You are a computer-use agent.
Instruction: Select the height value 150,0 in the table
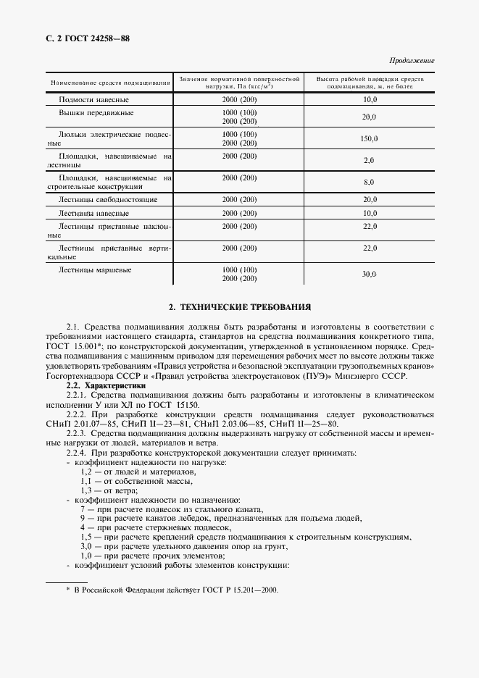pyautogui.click(x=370, y=139)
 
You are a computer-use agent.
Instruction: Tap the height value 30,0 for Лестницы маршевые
pyautogui.click(x=370, y=274)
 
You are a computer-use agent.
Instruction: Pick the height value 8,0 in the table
pyautogui.click(x=370, y=183)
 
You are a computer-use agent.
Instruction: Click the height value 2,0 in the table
pyautogui.click(x=370, y=161)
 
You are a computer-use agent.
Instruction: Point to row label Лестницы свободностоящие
pyautogui.click(x=107, y=199)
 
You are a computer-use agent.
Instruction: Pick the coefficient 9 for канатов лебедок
pyautogui.click(x=83, y=519)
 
